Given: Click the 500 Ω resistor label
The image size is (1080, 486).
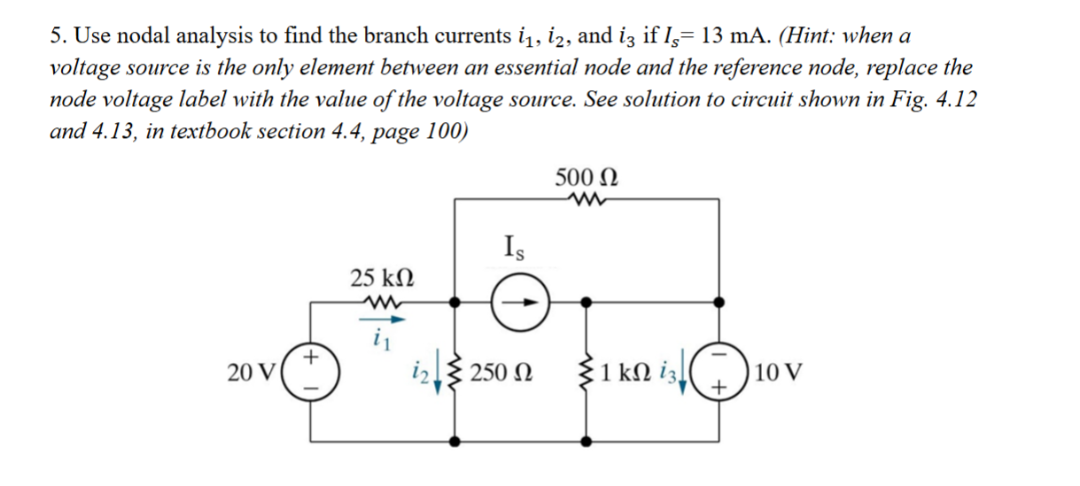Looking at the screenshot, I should (586, 174).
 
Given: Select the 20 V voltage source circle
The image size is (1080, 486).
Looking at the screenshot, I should (310, 373).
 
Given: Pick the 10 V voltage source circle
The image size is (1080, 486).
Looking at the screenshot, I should (718, 373).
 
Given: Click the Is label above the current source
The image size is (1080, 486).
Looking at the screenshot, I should (513, 244).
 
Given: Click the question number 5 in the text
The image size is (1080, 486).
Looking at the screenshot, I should (56, 36).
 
